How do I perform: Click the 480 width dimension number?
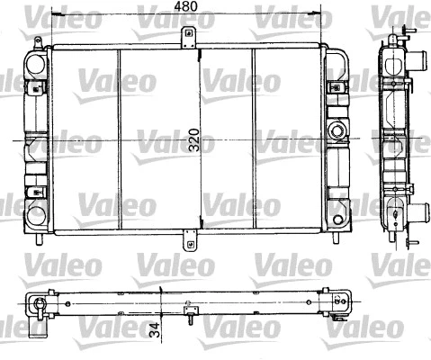pos(186,7)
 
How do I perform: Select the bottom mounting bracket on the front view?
pos(189,241)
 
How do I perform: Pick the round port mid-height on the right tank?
pos(339,130)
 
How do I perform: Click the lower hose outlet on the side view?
pos(417,216)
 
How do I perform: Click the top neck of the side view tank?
pos(396,39)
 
